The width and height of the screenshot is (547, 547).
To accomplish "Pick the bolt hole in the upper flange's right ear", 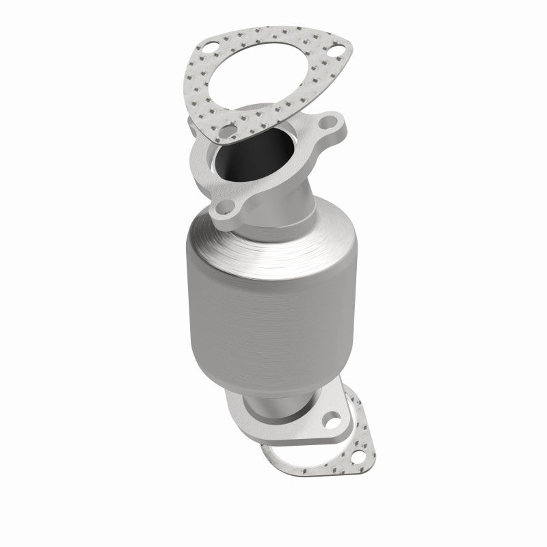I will [328, 129].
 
